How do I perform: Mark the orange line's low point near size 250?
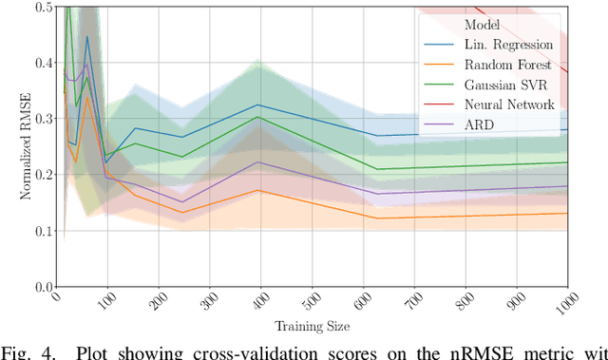(x=182, y=212)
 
